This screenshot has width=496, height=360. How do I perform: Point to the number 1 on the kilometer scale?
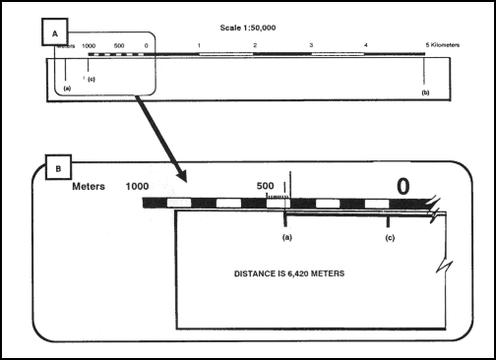coord(199,45)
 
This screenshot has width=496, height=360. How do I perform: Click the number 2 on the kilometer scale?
coord(255,45)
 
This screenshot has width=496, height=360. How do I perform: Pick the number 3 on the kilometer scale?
coord(311,45)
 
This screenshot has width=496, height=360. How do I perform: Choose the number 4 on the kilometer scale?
coord(366,45)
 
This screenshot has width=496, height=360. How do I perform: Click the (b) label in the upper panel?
coord(425,90)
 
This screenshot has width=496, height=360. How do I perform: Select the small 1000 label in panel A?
coord(89,45)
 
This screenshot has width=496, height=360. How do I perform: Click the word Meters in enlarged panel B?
coord(95,184)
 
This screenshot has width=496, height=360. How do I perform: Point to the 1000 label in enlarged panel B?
coord(138,185)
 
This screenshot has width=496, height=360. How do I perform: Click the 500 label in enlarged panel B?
coord(265,184)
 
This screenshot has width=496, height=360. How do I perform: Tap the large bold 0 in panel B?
coord(403,186)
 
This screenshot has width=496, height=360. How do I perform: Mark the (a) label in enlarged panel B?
coord(286,237)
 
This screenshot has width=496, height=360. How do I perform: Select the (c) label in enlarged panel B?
coord(390,237)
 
